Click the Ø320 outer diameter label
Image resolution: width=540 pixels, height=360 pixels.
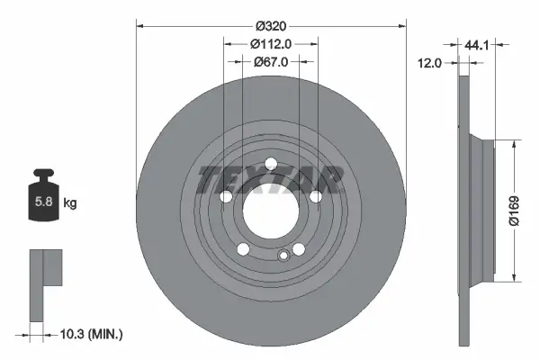pos(269,24)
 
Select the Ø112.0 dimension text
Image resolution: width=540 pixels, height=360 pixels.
pos(269,43)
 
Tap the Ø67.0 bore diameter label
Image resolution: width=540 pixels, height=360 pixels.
pos(269,61)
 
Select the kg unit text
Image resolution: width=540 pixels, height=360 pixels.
pos(70,203)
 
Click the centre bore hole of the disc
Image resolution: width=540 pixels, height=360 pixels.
pos(269,211)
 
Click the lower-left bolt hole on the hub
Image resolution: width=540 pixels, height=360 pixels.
pos(240,251)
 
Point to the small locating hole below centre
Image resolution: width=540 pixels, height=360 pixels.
pos(283,257)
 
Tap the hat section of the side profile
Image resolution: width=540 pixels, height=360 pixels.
pos(482,209)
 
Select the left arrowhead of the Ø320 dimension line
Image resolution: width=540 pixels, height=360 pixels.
pos(139,24)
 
